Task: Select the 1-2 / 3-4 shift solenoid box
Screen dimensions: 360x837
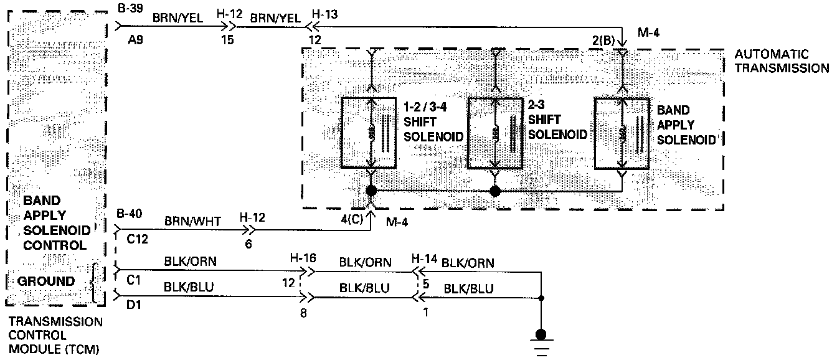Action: coord(371,132)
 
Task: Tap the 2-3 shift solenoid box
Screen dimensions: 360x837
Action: coord(496,133)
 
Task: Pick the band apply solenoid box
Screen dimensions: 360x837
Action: coord(623,133)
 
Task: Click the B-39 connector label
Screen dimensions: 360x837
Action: coord(128,7)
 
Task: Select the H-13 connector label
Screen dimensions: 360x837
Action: coord(323,14)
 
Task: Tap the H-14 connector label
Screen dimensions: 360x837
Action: coord(423,257)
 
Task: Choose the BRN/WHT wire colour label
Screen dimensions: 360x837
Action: coord(184,220)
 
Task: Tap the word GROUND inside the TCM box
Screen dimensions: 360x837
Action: coord(45,282)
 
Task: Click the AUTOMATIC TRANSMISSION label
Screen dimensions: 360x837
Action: coord(782,61)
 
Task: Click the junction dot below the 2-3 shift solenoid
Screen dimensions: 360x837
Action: coord(496,191)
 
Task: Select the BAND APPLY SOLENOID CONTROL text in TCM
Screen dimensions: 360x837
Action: coord(55,223)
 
